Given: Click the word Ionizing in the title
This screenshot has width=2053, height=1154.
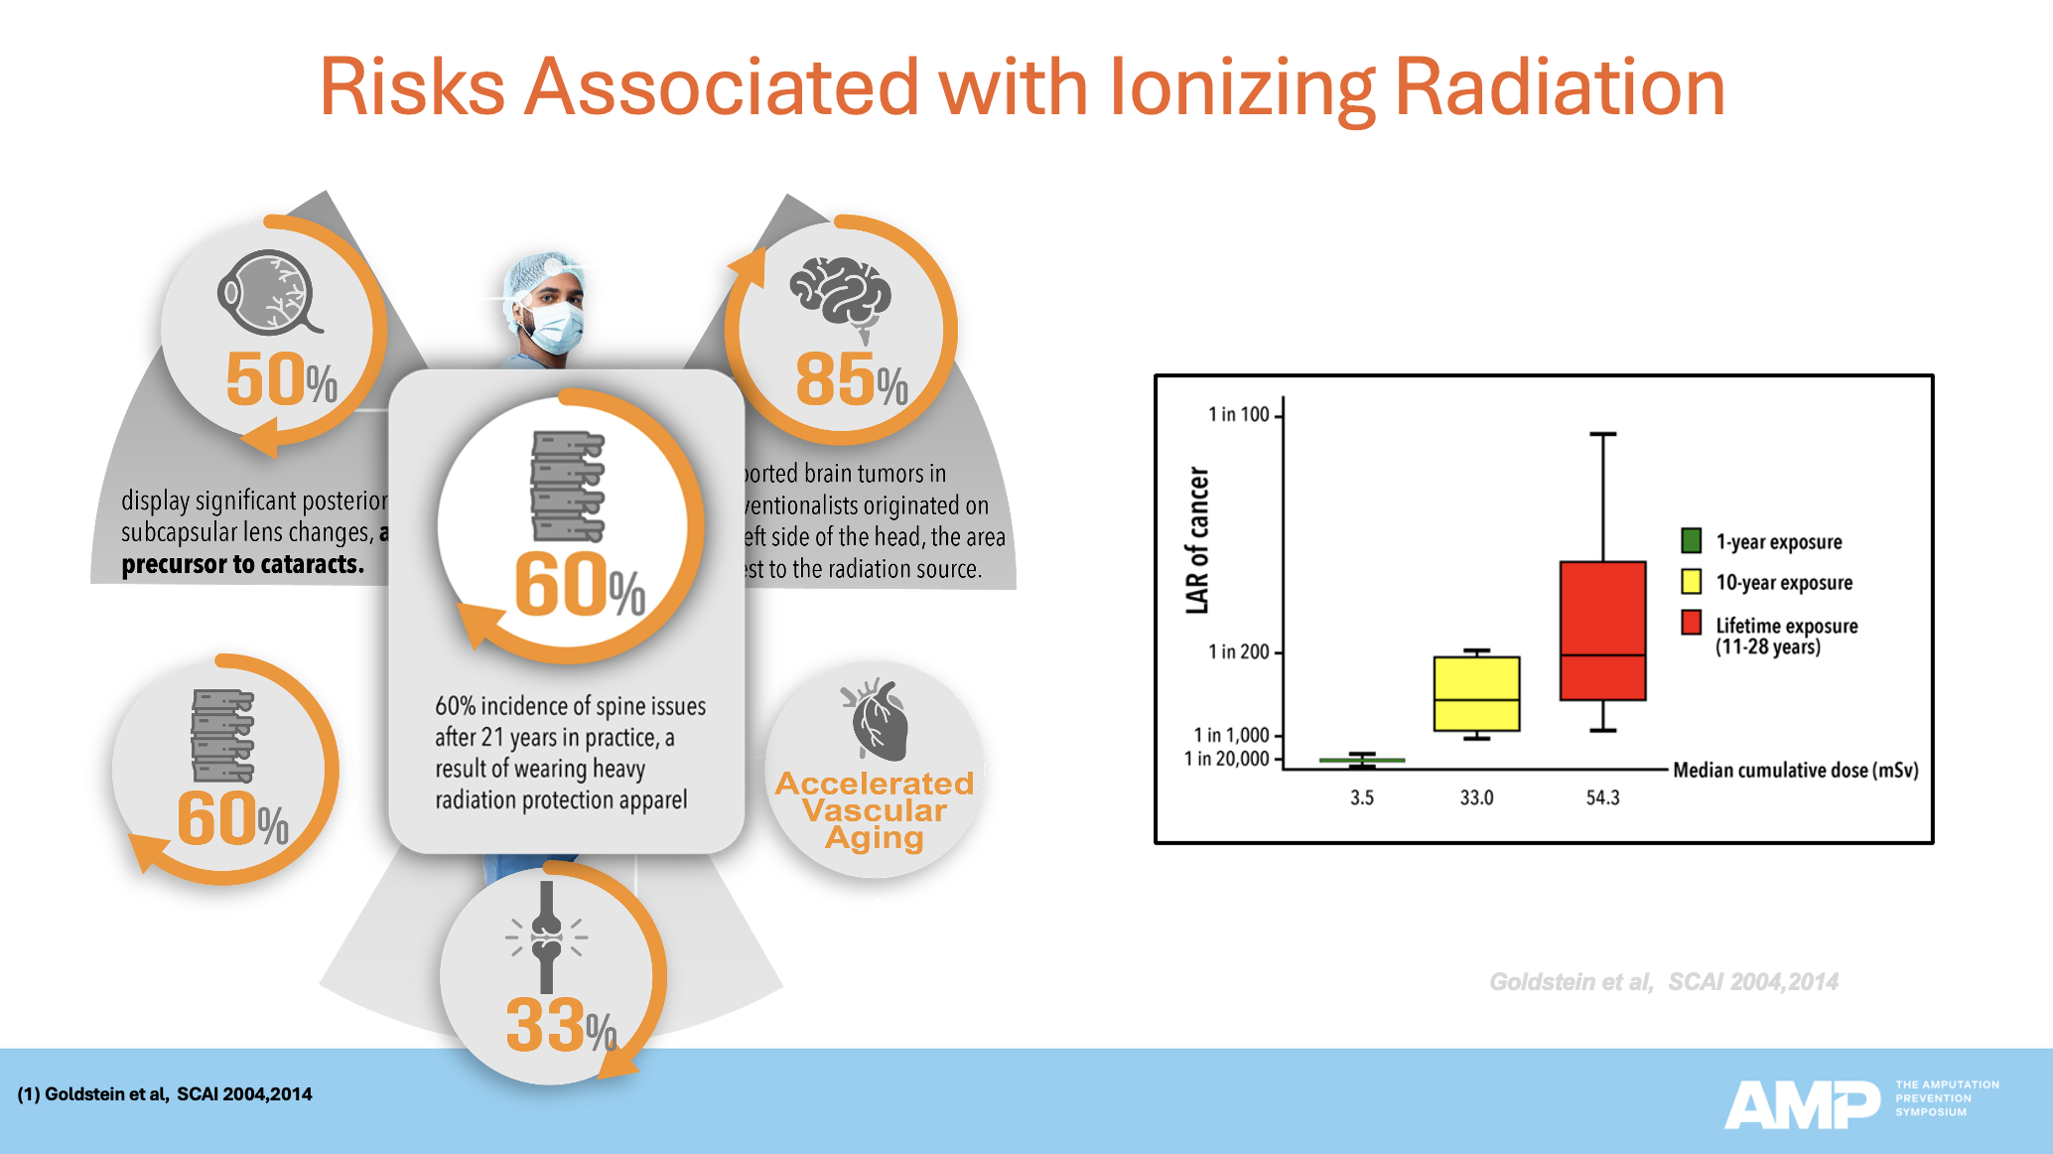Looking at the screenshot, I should coord(1243,87).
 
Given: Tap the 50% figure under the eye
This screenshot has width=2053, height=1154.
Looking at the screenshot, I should coord(281,379).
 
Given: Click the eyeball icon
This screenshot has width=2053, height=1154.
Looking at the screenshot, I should coord(268,292).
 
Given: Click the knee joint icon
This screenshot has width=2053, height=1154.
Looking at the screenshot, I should coord(546,936).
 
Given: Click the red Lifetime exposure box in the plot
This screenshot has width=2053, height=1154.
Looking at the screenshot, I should coord(1602,631).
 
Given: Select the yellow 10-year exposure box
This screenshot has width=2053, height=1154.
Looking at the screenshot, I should coord(1476,693).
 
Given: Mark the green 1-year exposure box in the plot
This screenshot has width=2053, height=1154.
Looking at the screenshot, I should coord(1362,761).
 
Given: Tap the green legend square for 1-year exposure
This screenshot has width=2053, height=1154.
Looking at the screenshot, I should coord(1692,541).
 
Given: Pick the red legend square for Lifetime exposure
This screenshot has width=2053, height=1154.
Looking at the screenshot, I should coord(1692,624).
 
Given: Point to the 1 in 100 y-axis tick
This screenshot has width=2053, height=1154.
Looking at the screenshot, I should coord(1239,414).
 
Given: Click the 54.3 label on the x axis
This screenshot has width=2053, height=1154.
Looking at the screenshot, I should coord(1602,797).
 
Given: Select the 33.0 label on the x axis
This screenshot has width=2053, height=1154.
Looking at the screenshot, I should coord(1476,797).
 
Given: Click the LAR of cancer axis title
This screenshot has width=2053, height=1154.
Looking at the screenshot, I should coord(1198,540).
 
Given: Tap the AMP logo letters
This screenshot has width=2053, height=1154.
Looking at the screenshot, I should coord(1801,1103).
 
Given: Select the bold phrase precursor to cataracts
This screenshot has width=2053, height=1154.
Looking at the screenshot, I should coord(242,565).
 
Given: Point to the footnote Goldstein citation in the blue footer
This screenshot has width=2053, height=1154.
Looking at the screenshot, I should coord(165,1094).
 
